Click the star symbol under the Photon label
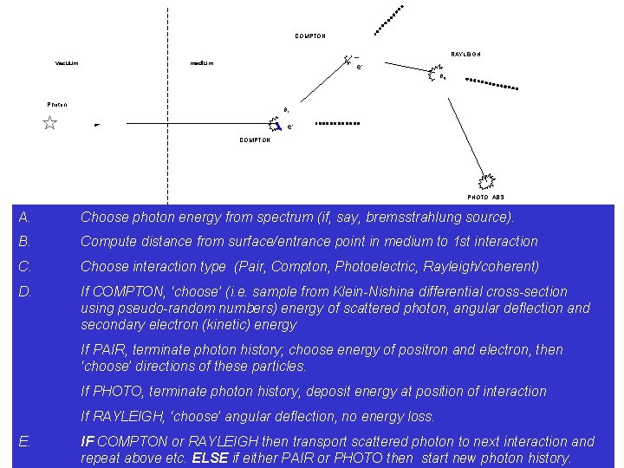pos(50,123)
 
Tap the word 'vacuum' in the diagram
pos(67,63)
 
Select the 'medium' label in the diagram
pos(202,63)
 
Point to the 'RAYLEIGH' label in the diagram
pos(465,55)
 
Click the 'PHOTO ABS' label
pos(485,198)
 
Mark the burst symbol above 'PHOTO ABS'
pos(485,182)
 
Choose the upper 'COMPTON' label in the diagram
pos(310,36)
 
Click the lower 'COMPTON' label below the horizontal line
pos(255,140)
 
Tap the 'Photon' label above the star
pos(57,105)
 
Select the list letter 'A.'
pos(24,217)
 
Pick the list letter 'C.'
pos(25,266)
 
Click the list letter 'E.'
pos(24,441)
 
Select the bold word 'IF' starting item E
pos(87,442)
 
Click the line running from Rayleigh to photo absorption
pos(459,127)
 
